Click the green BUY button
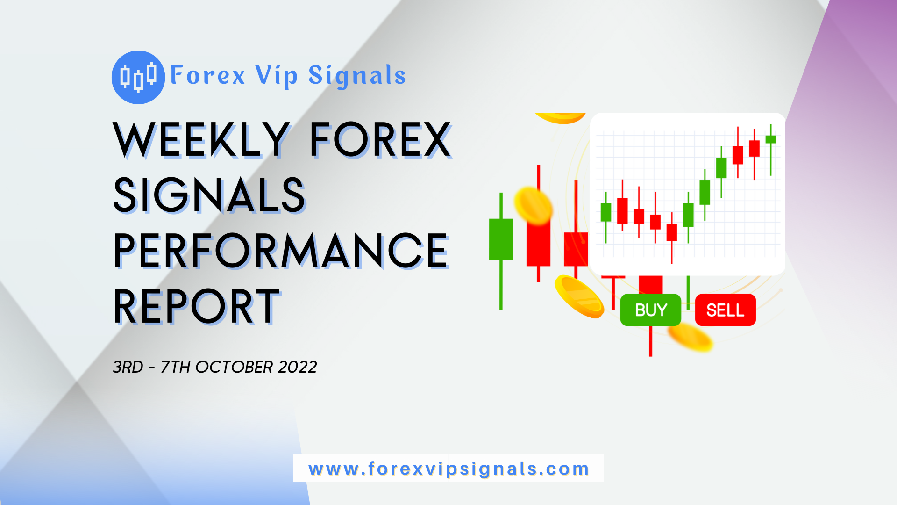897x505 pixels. tap(650, 310)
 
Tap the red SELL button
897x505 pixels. tap(725, 310)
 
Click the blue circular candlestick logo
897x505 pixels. tap(138, 77)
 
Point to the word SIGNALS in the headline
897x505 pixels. tap(209, 195)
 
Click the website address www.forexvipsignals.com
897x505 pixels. tap(448, 469)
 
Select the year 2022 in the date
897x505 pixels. tap(297, 367)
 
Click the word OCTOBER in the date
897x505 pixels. tap(234, 367)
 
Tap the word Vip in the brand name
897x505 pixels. tap(277, 76)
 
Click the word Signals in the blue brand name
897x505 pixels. tap(357, 76)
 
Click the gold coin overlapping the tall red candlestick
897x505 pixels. tap(533, 206)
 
